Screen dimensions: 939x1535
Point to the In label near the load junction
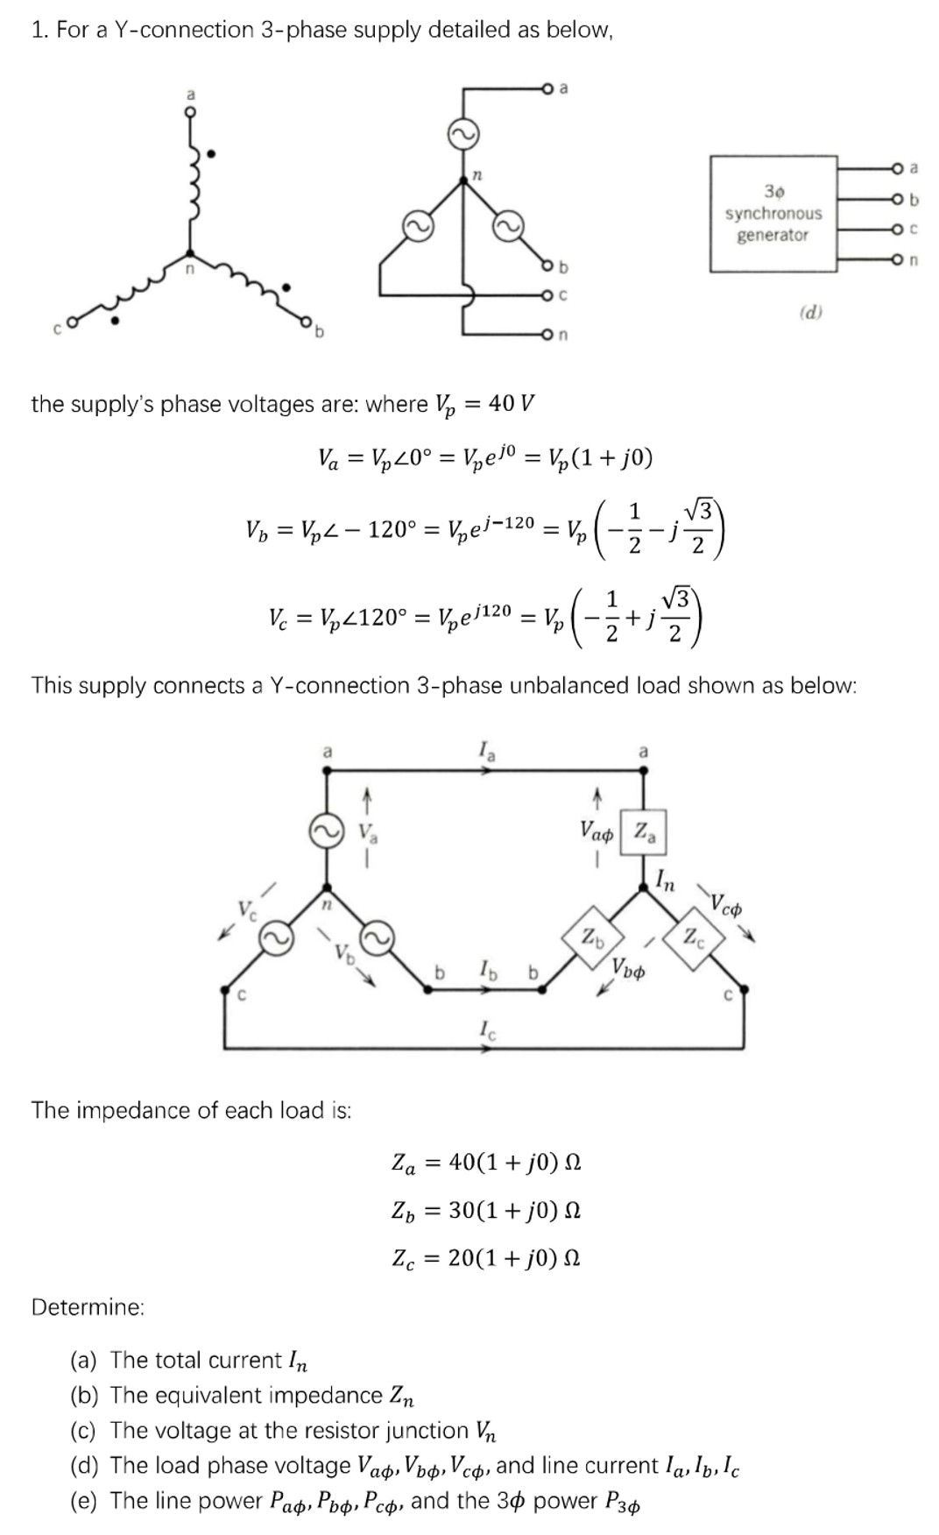[x=666, y=881]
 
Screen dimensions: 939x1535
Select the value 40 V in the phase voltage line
[x=512, y=404]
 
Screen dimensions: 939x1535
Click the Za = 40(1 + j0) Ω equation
[x=486, y=1164]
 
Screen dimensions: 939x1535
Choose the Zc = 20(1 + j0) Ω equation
[x=486, y=1259]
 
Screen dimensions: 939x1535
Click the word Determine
[x=88, y=1307]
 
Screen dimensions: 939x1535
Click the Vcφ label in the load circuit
[x=726, y=903]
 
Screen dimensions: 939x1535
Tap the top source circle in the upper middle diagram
[x=463, y=134]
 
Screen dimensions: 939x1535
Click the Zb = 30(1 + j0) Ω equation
[x=486, y=1211]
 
